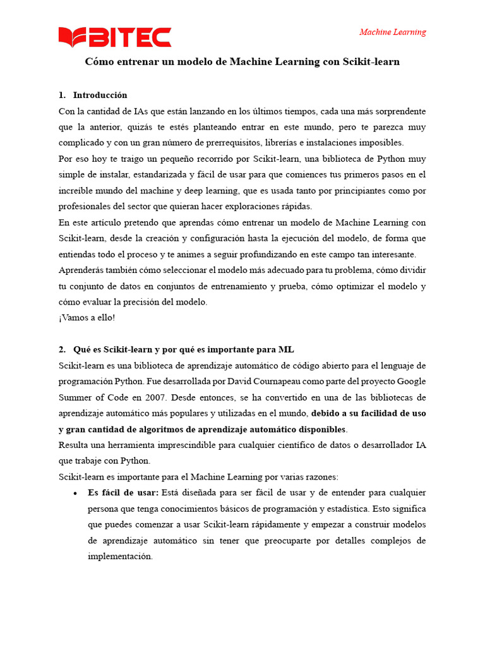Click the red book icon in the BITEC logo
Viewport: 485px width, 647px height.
[72, 37]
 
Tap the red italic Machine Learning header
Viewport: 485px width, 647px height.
[392, 32]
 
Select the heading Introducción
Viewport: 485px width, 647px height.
[100, 95]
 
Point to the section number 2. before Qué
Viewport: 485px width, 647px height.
[62, 349]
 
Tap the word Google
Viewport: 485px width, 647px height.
[410, 382]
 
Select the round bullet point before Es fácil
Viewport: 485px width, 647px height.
[76, 493]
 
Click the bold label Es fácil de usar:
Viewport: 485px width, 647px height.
[123, 492]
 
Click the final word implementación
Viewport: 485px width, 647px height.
[120, 557]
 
